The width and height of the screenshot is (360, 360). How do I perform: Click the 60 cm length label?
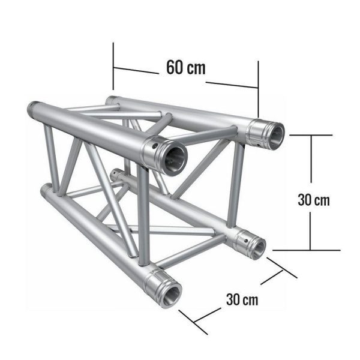click(x=185, y=67)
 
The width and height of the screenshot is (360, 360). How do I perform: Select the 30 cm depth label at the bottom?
click(x=243, y=299)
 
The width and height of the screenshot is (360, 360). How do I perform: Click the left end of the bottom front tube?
click(x=44, y=191)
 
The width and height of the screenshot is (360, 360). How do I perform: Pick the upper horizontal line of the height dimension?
click(x=310, y=136)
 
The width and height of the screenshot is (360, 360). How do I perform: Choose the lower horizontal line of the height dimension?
click(x=300, y=250)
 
